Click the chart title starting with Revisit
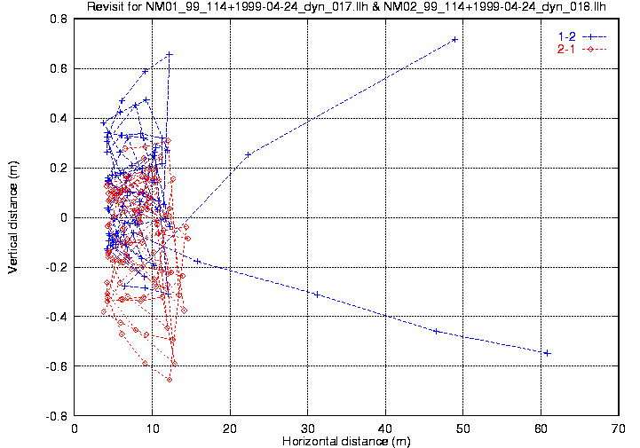(x=345, y=7)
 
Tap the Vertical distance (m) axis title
(x=12, y=216)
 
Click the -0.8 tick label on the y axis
(x=58, y=416)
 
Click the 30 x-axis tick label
(x=308, y=428)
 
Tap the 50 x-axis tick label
(x=463, y=428)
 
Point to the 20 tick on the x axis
(x=230, y=428)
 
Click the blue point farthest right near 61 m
(x=547, y=353)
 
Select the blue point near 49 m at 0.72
(x=454, y=39)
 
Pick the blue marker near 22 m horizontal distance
(x=248, y=154)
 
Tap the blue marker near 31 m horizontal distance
(x=317, y=294)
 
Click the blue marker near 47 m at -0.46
(x=436, y=331)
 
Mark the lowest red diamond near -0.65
(x=169, y=380)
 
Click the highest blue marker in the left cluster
(x=169, y=54)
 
